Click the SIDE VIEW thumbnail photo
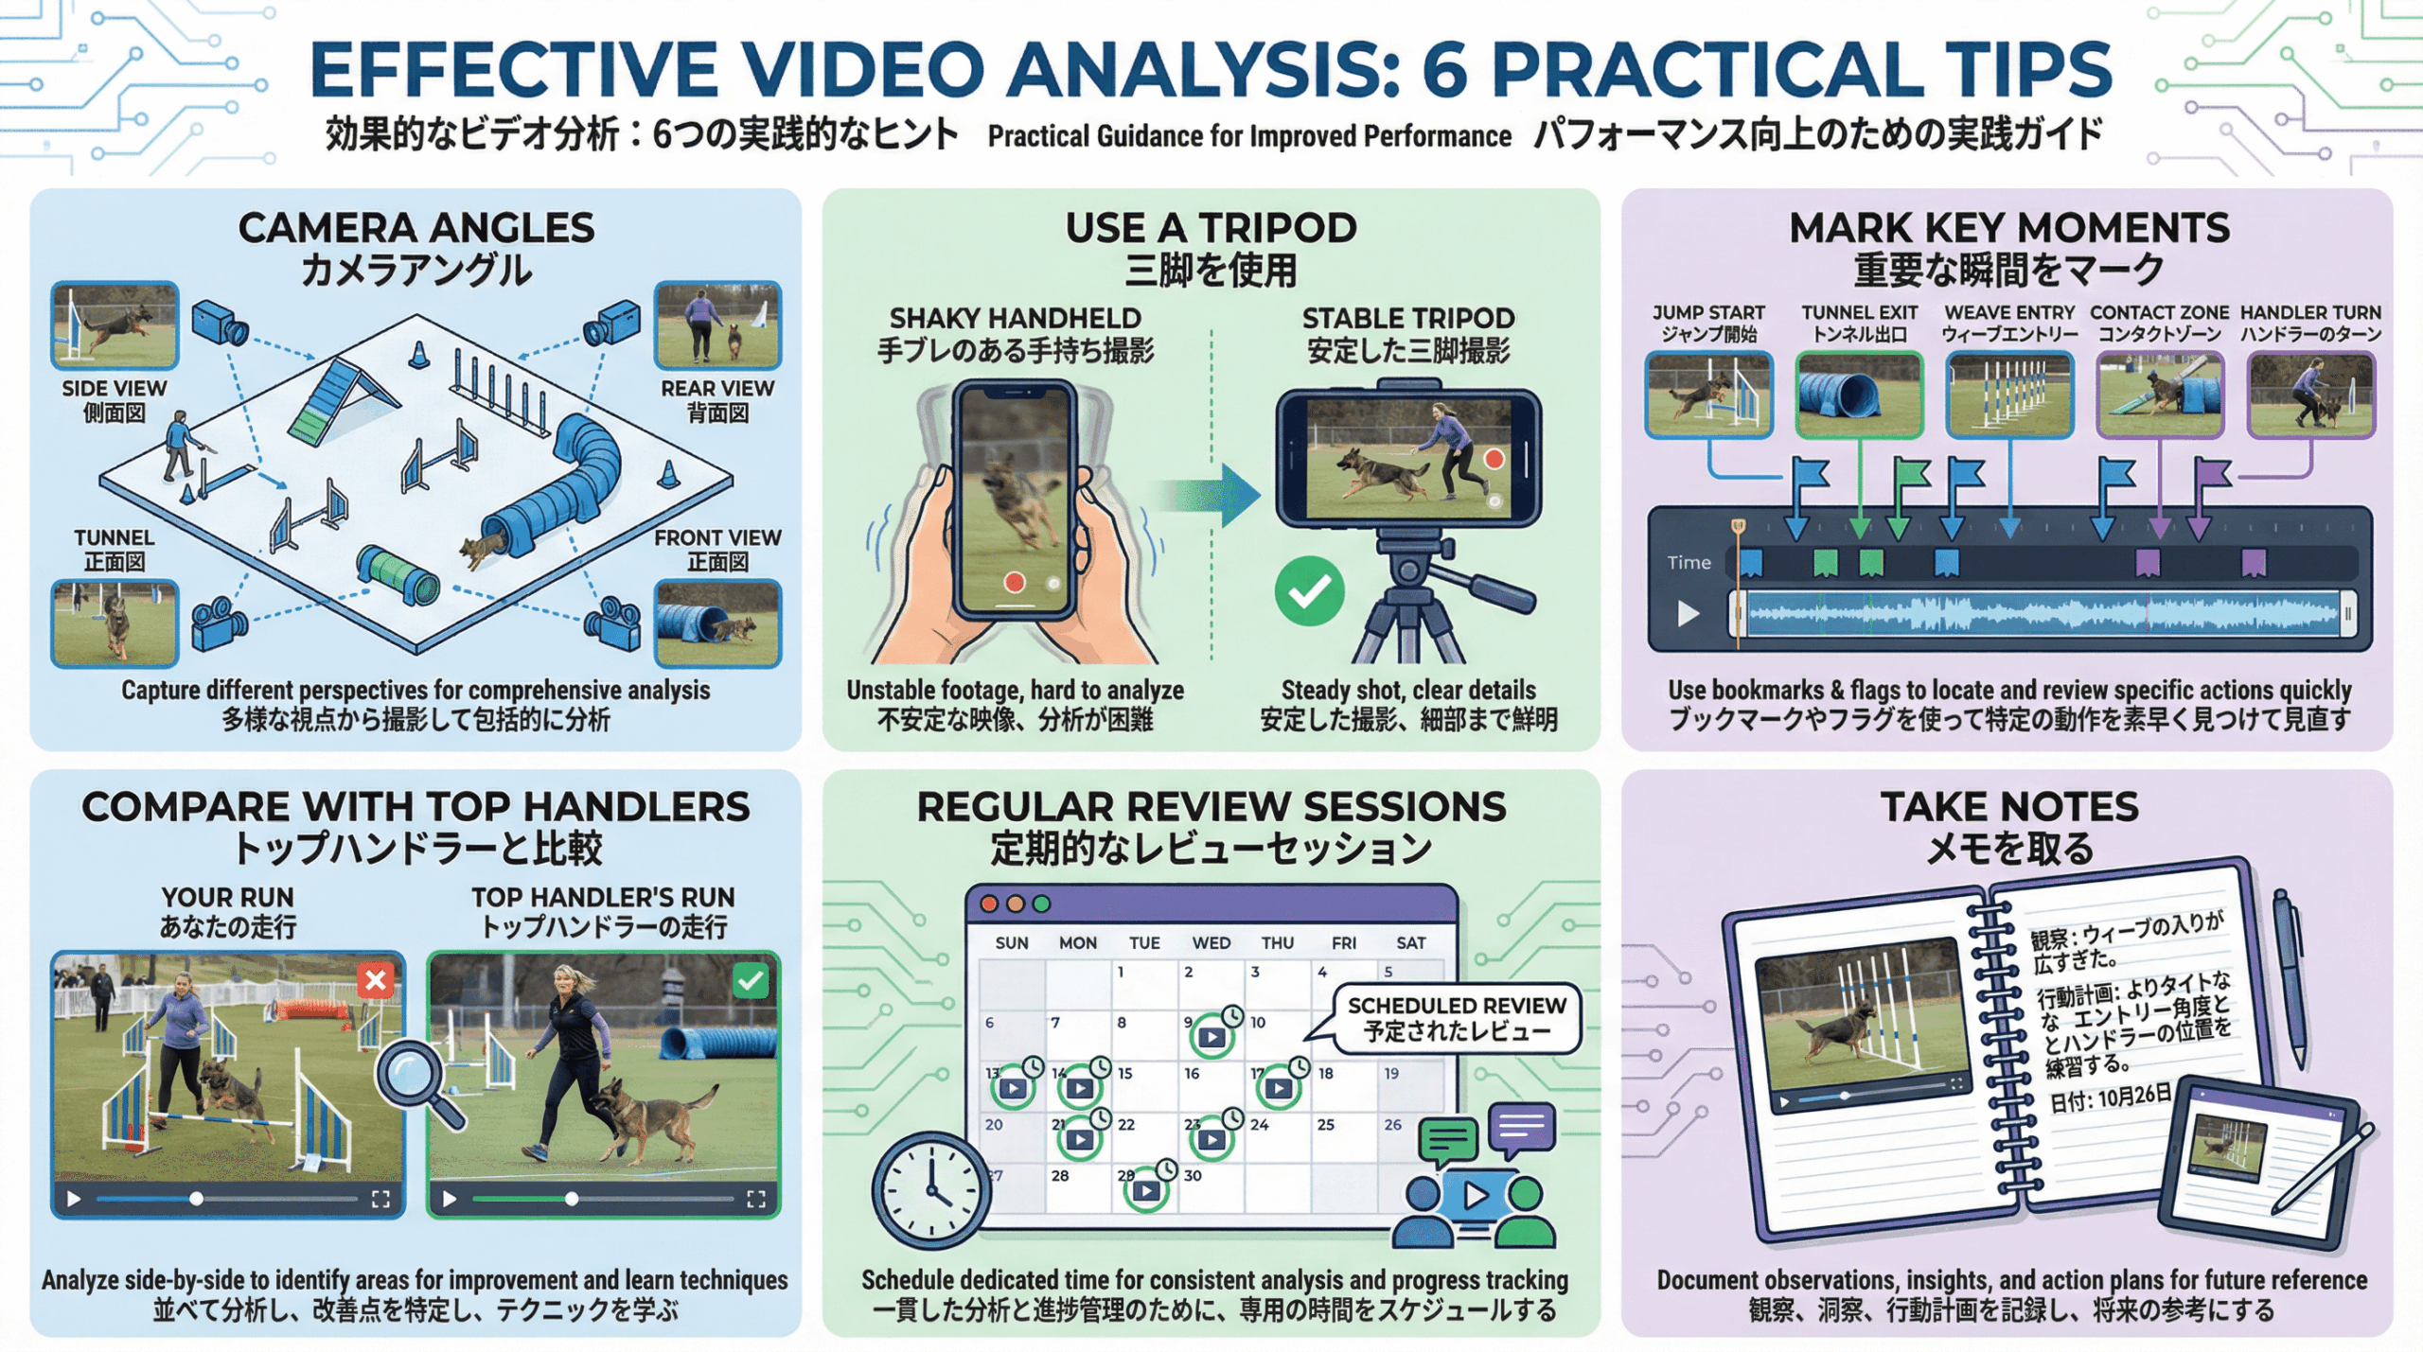[x=115, y=325]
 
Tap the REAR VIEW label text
[x=717, y=388]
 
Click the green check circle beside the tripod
[x=1309, y=591]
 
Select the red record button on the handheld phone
[x=1014, y=582]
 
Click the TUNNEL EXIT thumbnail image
[x=1859, y=395]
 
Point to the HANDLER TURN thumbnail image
[x=2310, y=395]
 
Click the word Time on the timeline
[x=1689, y=563]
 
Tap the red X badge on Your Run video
[x=376, y=980]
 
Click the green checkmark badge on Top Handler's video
[x=751, y=980]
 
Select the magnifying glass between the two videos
[x=415, y=1080]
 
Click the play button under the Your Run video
[x=73, y=1200]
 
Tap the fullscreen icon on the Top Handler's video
[x=755, y=1200]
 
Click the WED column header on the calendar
[x=1211, y=943]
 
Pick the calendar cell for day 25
[x=1343, y=1137]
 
